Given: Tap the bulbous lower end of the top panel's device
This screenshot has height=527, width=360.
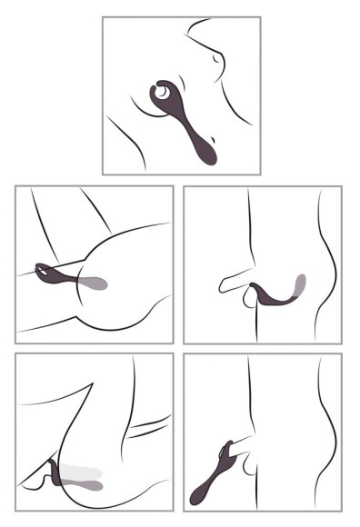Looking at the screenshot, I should (207, 154).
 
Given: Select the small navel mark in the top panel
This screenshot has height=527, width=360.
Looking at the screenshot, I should (215, 59).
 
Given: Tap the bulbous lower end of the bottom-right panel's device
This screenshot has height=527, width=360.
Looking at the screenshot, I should (197, 495).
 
